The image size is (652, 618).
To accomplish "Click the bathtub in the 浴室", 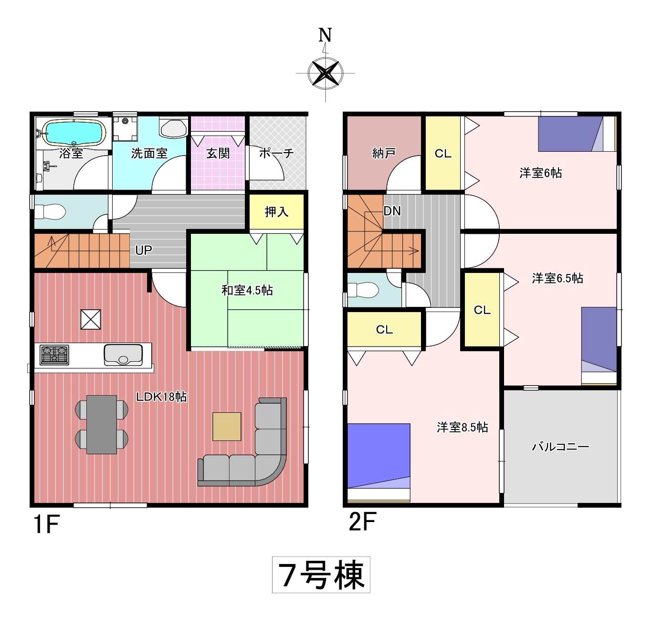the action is (x=74, y=133).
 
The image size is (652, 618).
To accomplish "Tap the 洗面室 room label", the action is (x=149, y=154).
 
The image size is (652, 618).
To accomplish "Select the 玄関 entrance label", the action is (x=218, y=154).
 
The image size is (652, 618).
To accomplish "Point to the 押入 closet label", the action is (x=276, y=212).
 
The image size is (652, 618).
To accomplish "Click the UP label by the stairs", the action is (x=144, y=250).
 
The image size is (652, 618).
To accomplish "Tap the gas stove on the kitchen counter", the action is (x=54, y=355).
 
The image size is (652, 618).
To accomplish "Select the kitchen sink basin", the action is (x=123, y=355).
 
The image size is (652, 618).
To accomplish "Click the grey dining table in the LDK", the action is (x=102, y=425).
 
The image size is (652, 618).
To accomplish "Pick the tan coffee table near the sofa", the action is (x=227, y=427).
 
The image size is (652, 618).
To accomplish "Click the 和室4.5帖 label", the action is (x=247, y=291).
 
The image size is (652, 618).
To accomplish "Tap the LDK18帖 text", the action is (x=161, y=397).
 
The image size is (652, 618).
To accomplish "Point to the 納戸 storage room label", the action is (x=384, y=154).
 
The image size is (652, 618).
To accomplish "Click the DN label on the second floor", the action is (x=392, y=211).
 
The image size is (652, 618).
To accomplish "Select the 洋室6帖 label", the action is (x=541, y=173).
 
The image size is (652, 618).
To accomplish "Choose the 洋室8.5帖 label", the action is (x=463, y=428).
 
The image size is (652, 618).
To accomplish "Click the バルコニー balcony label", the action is (x=561, y=447).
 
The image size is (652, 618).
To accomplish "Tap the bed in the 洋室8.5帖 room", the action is (x=379, y=462).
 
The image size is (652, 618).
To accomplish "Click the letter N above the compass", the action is (x=325, y=35).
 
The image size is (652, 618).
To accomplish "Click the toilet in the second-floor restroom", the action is (x=363, y=290).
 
